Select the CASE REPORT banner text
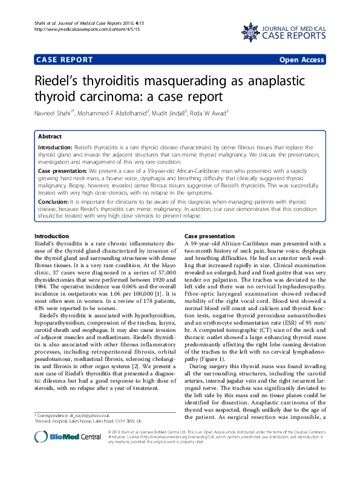pyautogui.click(x=65, y=60)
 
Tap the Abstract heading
pyautogui.click(x=50, y=137)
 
